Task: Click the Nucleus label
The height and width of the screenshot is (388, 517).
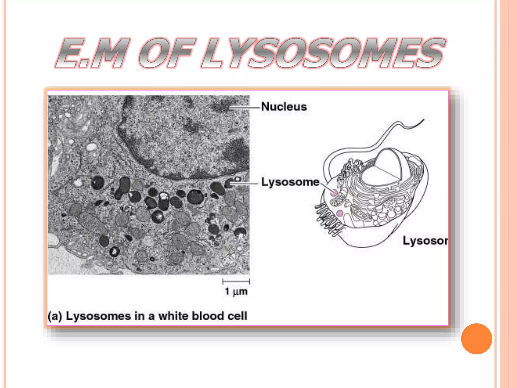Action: click(x=284, y=107)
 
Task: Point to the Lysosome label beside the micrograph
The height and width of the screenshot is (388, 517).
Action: click(x=290, y=182)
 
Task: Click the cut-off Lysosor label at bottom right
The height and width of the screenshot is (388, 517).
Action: click(x=425, y=240)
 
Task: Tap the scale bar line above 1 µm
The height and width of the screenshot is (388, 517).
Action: click(x=236, y=281)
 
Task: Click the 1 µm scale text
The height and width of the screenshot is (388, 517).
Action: click(x=236, y=291)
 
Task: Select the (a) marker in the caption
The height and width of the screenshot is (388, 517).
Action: click(x=55, y=316)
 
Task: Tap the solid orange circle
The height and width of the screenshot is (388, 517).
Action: click(x=476, y=339)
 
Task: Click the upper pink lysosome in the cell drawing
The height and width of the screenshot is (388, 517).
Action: click(x=334, y=193)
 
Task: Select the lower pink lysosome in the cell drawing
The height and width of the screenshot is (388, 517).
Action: click(x=340, y=213)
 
